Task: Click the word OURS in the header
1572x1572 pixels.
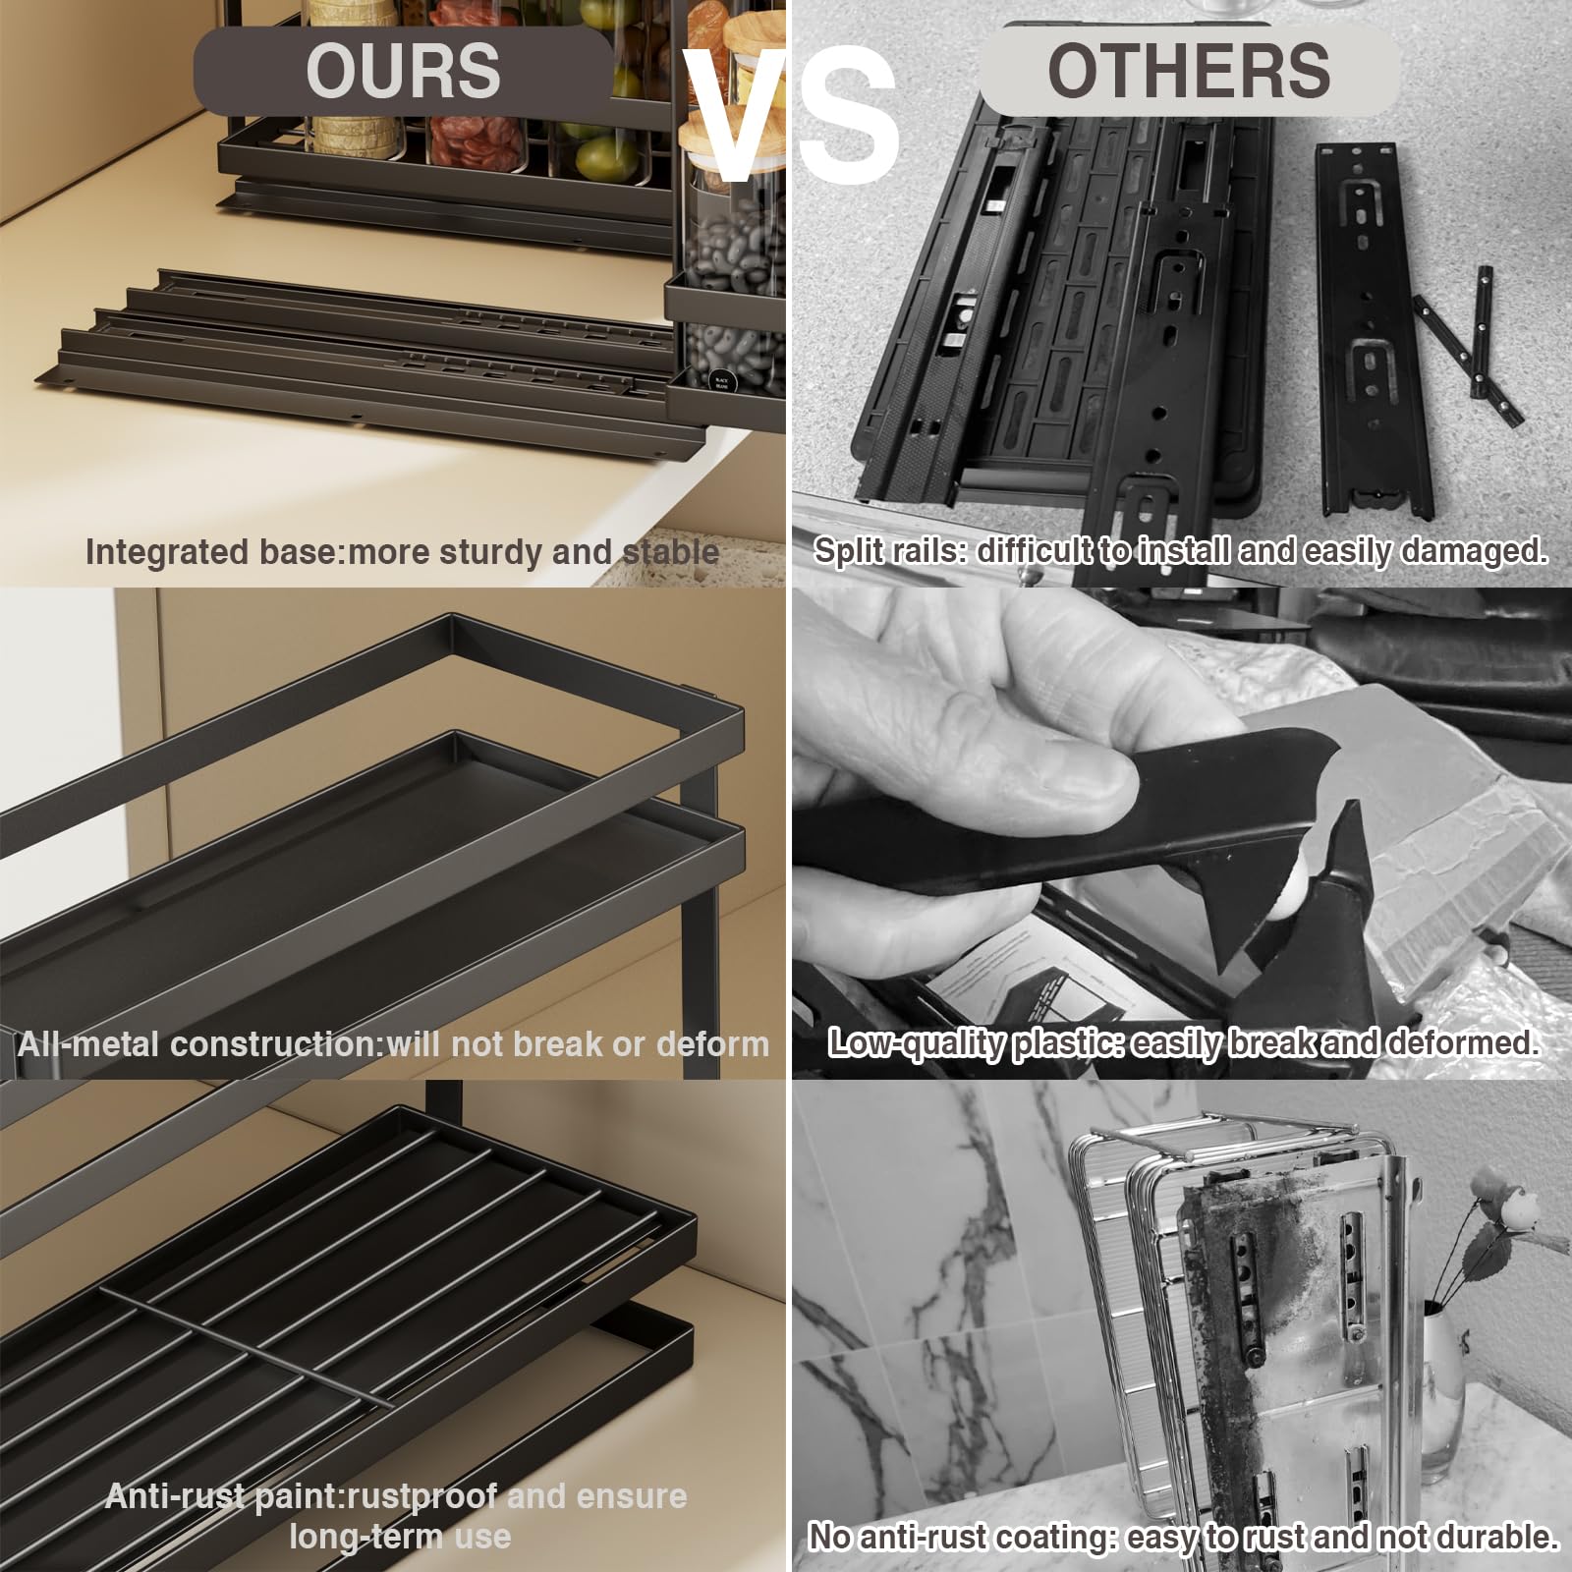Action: point(403,71)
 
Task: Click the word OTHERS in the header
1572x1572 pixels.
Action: point(1189,71)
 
